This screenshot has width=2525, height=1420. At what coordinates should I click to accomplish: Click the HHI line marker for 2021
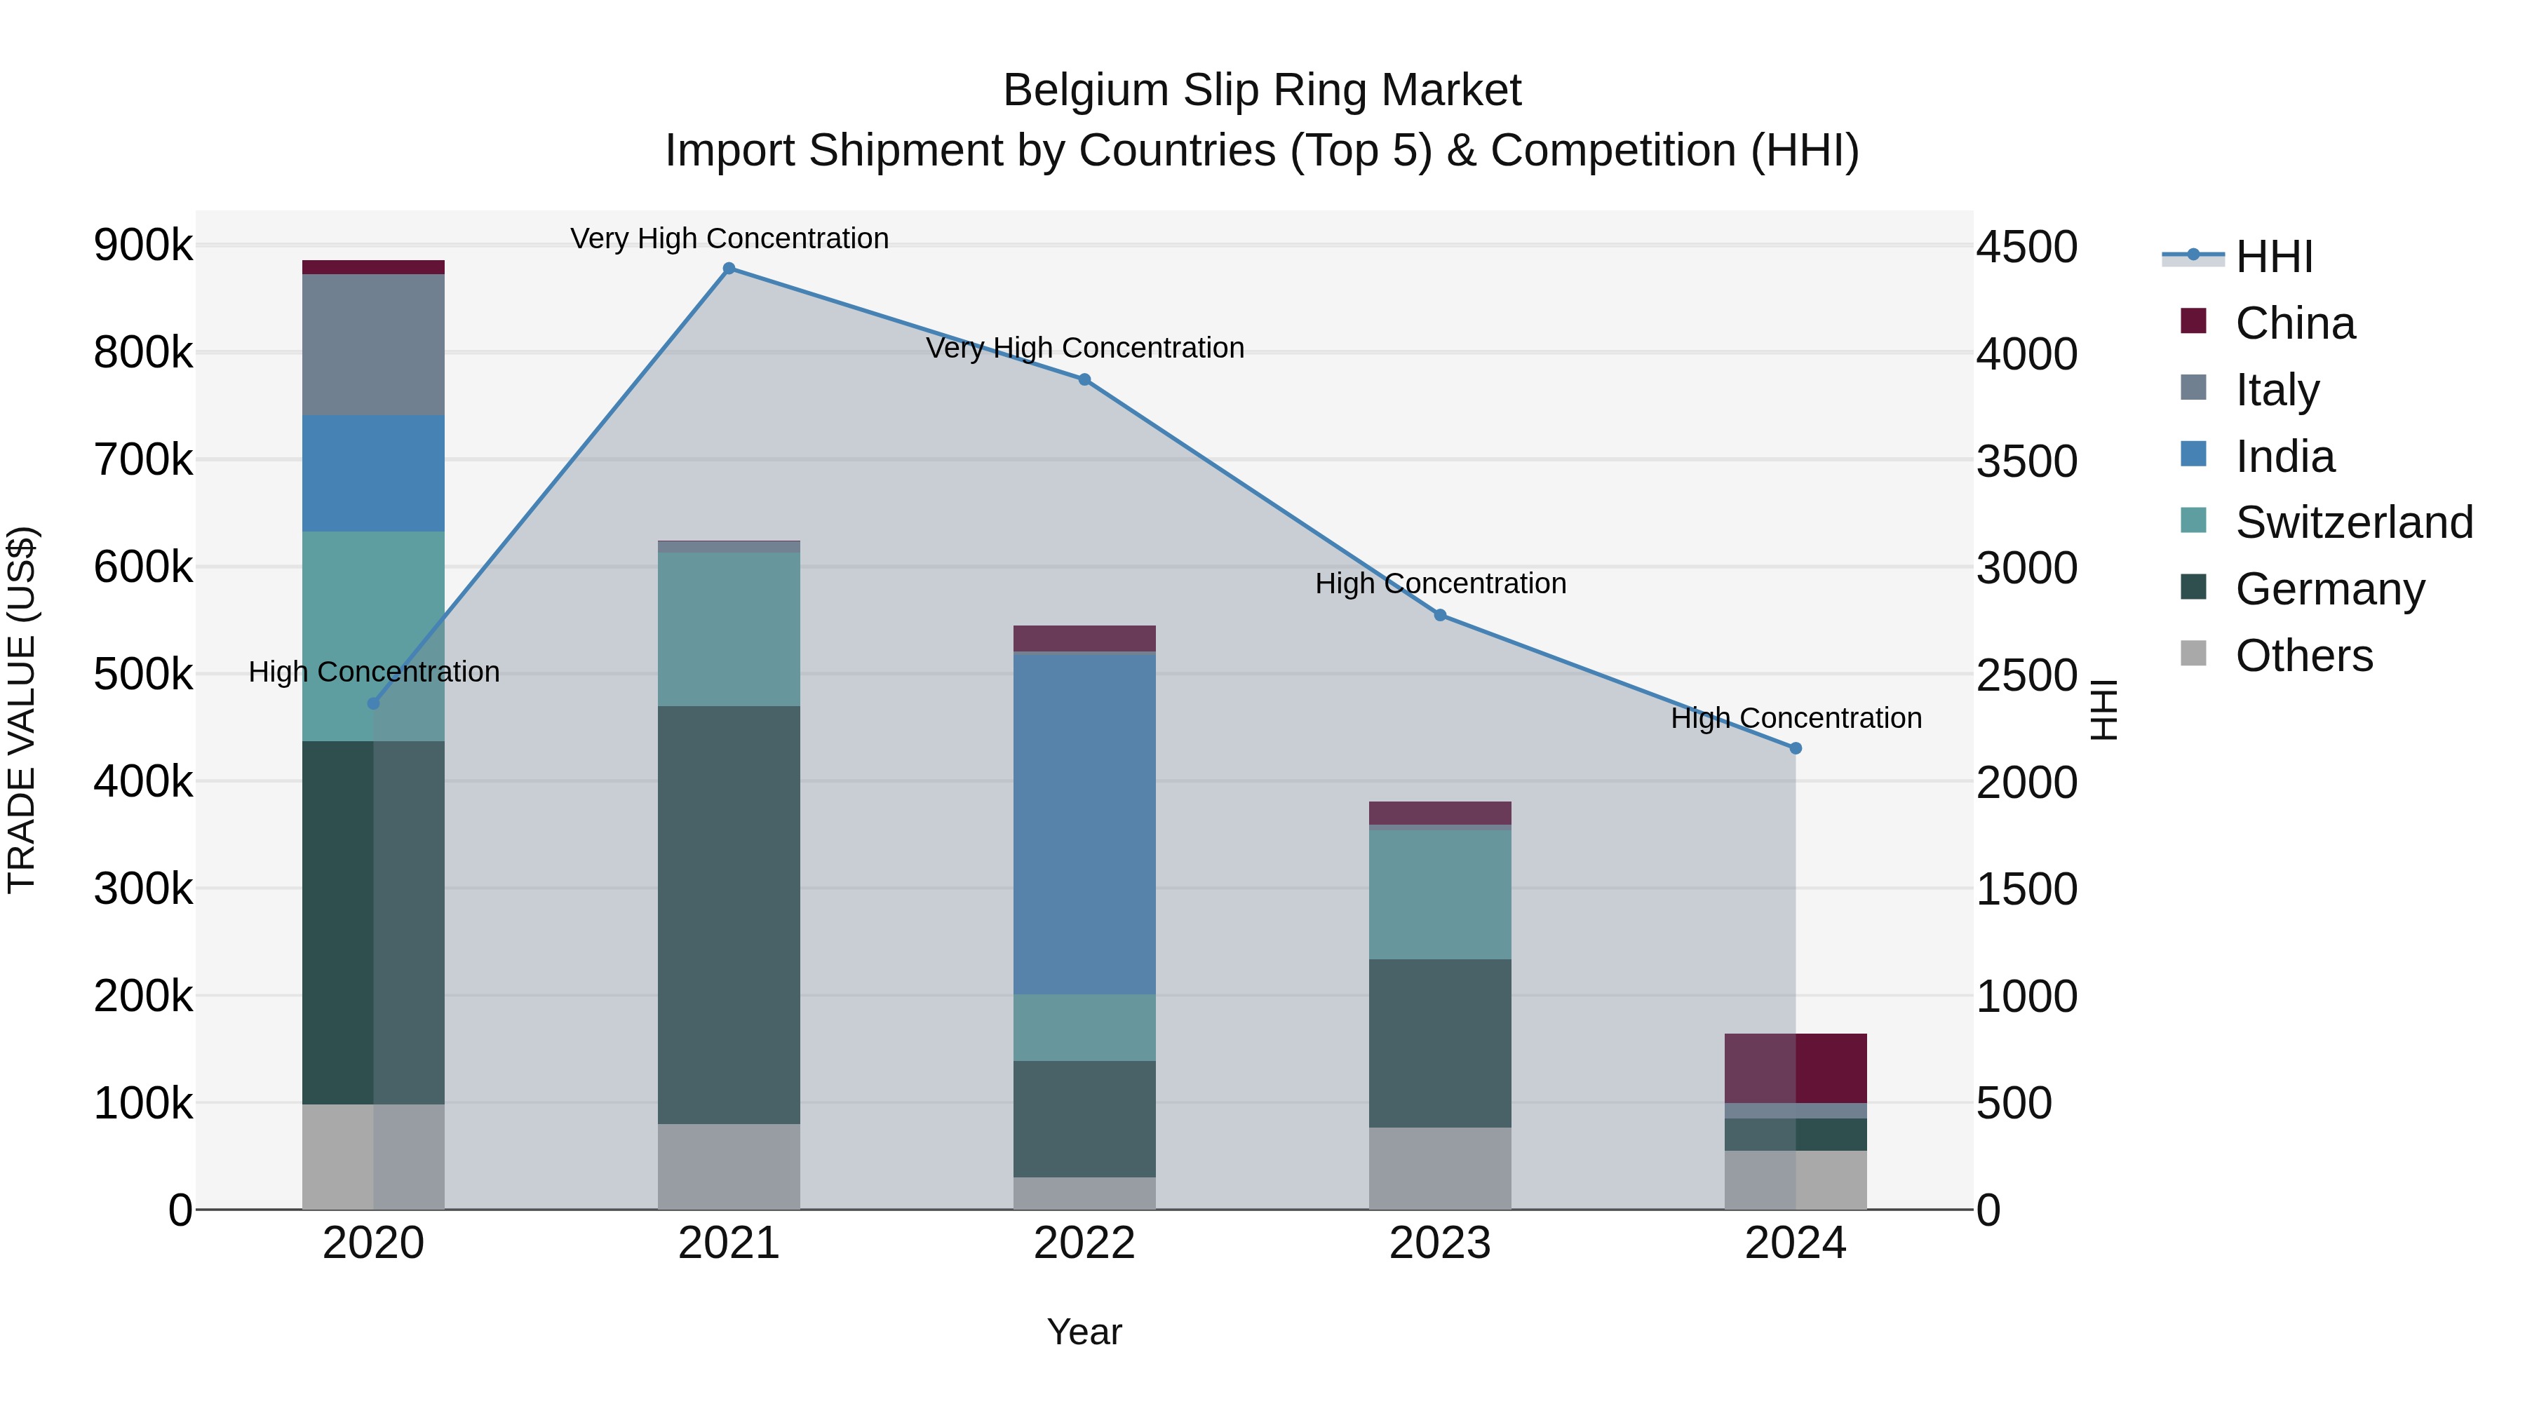[x=728, y=269]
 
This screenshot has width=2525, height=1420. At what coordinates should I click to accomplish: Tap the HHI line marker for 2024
[x=1795, y=749]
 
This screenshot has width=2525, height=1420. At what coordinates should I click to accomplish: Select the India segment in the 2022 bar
[x=1084, y=823]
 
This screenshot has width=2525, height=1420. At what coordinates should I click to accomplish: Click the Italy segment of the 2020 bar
[x=372, y=344]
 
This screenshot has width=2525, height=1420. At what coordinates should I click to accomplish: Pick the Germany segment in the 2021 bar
[x=728, y=914]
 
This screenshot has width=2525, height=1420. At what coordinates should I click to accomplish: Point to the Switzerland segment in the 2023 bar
[x=1439, y=894]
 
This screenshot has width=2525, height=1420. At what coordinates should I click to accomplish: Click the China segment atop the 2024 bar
[x=1795, y=1068]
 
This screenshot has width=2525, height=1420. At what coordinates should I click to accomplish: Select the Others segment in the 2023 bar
[x=1439, y=1168]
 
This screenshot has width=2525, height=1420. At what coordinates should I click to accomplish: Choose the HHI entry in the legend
[x=2273, y=257]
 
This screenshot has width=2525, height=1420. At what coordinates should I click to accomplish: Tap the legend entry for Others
[x=2303, y=656]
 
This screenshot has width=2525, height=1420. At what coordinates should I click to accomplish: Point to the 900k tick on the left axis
[x=143, y=245]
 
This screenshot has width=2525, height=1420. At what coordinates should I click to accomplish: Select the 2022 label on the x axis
[x=1084, y=1243]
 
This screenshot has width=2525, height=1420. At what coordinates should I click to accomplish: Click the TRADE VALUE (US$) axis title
[x=22, y=710]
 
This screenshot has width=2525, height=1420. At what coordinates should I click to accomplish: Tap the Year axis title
[x=1084, y=1332]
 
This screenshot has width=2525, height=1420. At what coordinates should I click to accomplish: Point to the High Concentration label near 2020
[x=373, y=672]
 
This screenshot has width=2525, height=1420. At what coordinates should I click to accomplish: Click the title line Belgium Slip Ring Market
[x=1262, y=90]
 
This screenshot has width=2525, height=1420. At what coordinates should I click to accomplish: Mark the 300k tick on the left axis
[x=143, y=889]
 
